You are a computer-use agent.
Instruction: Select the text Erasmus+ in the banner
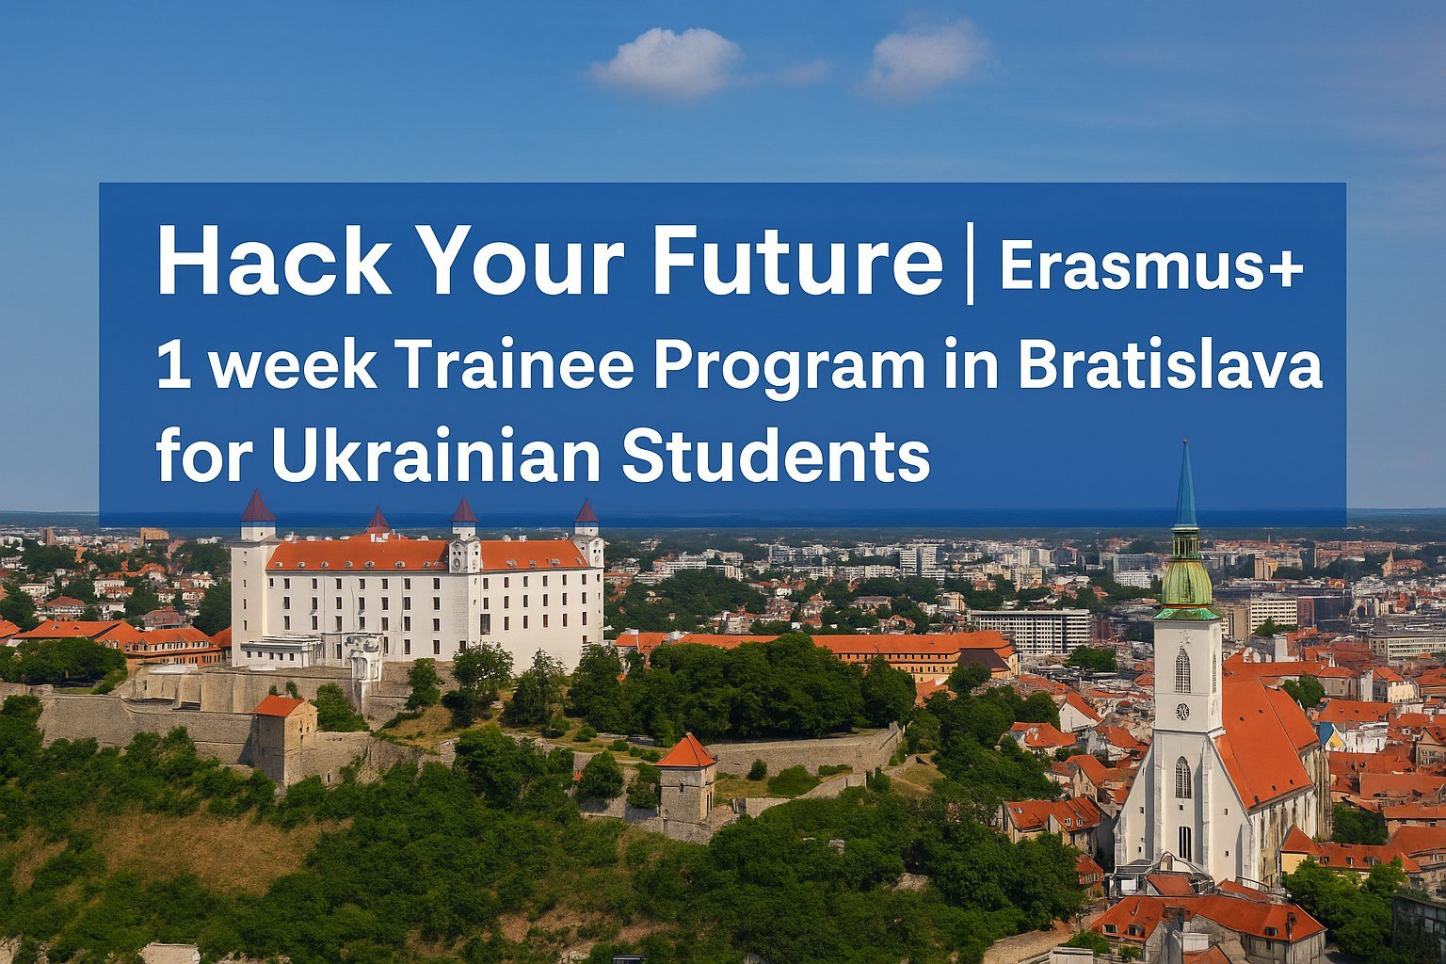(1151, 266)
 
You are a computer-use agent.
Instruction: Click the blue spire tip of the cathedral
(1185, 443)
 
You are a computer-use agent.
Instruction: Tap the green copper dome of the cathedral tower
(1186, 581)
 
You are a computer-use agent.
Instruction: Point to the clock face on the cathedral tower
(1182, 712)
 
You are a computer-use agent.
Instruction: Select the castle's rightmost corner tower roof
(586, 511)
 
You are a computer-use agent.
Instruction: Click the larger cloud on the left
(667, 62)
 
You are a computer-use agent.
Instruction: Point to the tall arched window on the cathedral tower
(1182, 669)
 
